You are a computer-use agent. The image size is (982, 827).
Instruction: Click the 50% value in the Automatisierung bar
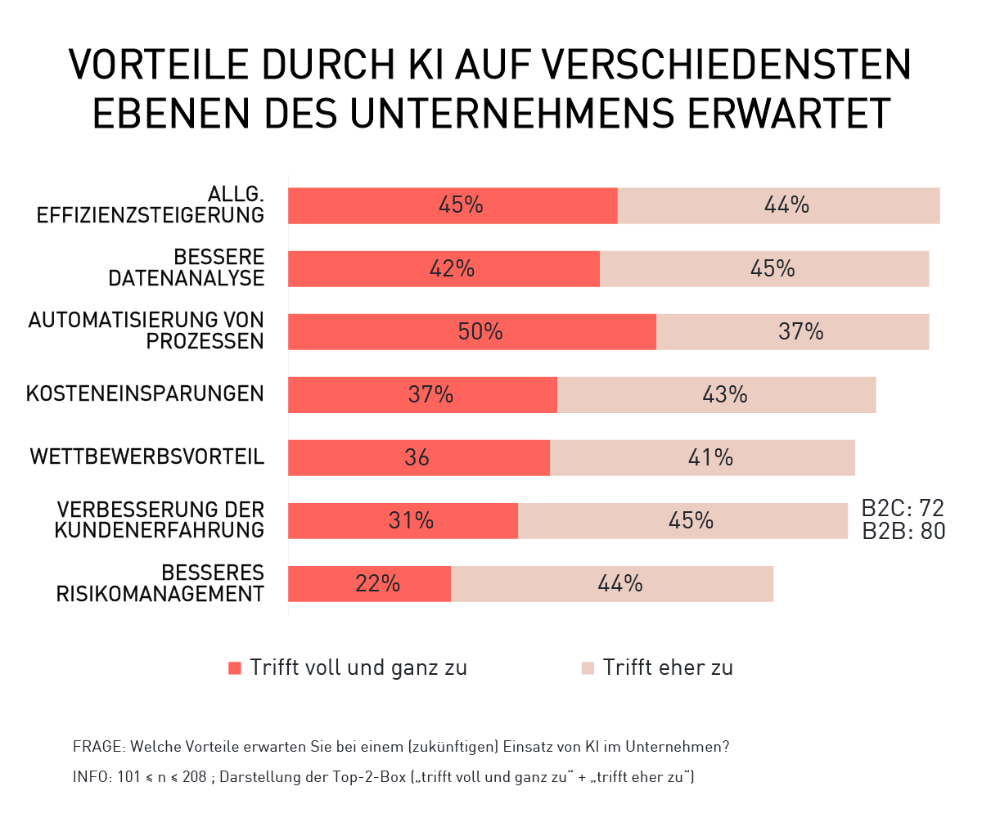[480, 332]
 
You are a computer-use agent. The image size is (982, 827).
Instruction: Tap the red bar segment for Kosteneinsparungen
[352, 395]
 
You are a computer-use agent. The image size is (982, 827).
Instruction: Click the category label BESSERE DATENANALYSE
[187, 268]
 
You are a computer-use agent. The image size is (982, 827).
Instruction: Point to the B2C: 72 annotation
[903, 508]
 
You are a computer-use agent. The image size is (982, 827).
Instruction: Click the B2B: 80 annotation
[903, 532]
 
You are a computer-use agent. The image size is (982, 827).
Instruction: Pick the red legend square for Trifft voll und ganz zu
[235, 668]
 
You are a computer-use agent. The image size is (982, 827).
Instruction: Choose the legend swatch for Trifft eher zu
[588, 668]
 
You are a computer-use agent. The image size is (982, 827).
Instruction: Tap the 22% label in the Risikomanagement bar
[377, 584]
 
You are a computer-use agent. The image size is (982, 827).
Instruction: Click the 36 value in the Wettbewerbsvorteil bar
[417, 458]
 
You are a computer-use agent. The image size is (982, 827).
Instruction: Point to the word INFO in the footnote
[91, 777]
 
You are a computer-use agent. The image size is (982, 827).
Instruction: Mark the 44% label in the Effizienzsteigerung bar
[786, 205]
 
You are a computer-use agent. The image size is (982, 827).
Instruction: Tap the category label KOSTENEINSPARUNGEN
[145, 394]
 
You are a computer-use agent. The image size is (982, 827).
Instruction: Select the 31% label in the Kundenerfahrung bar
[411, 521]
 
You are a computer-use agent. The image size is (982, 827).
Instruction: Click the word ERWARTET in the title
[789, 114]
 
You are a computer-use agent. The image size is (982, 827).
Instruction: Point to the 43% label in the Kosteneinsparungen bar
[725, 395]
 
